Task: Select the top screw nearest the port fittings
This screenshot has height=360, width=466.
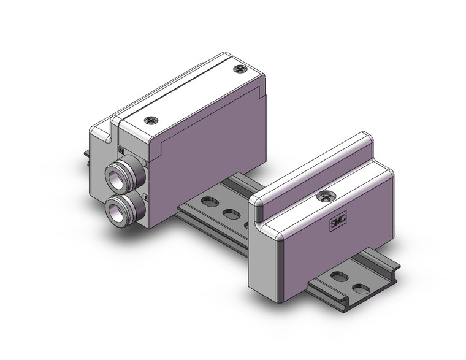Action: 150,121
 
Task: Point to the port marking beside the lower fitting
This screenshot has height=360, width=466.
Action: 145,196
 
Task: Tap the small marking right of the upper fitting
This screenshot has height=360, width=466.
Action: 145,163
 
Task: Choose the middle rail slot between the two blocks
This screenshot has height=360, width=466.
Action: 231,214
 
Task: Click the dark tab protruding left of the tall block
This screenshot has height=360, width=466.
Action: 84,157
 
